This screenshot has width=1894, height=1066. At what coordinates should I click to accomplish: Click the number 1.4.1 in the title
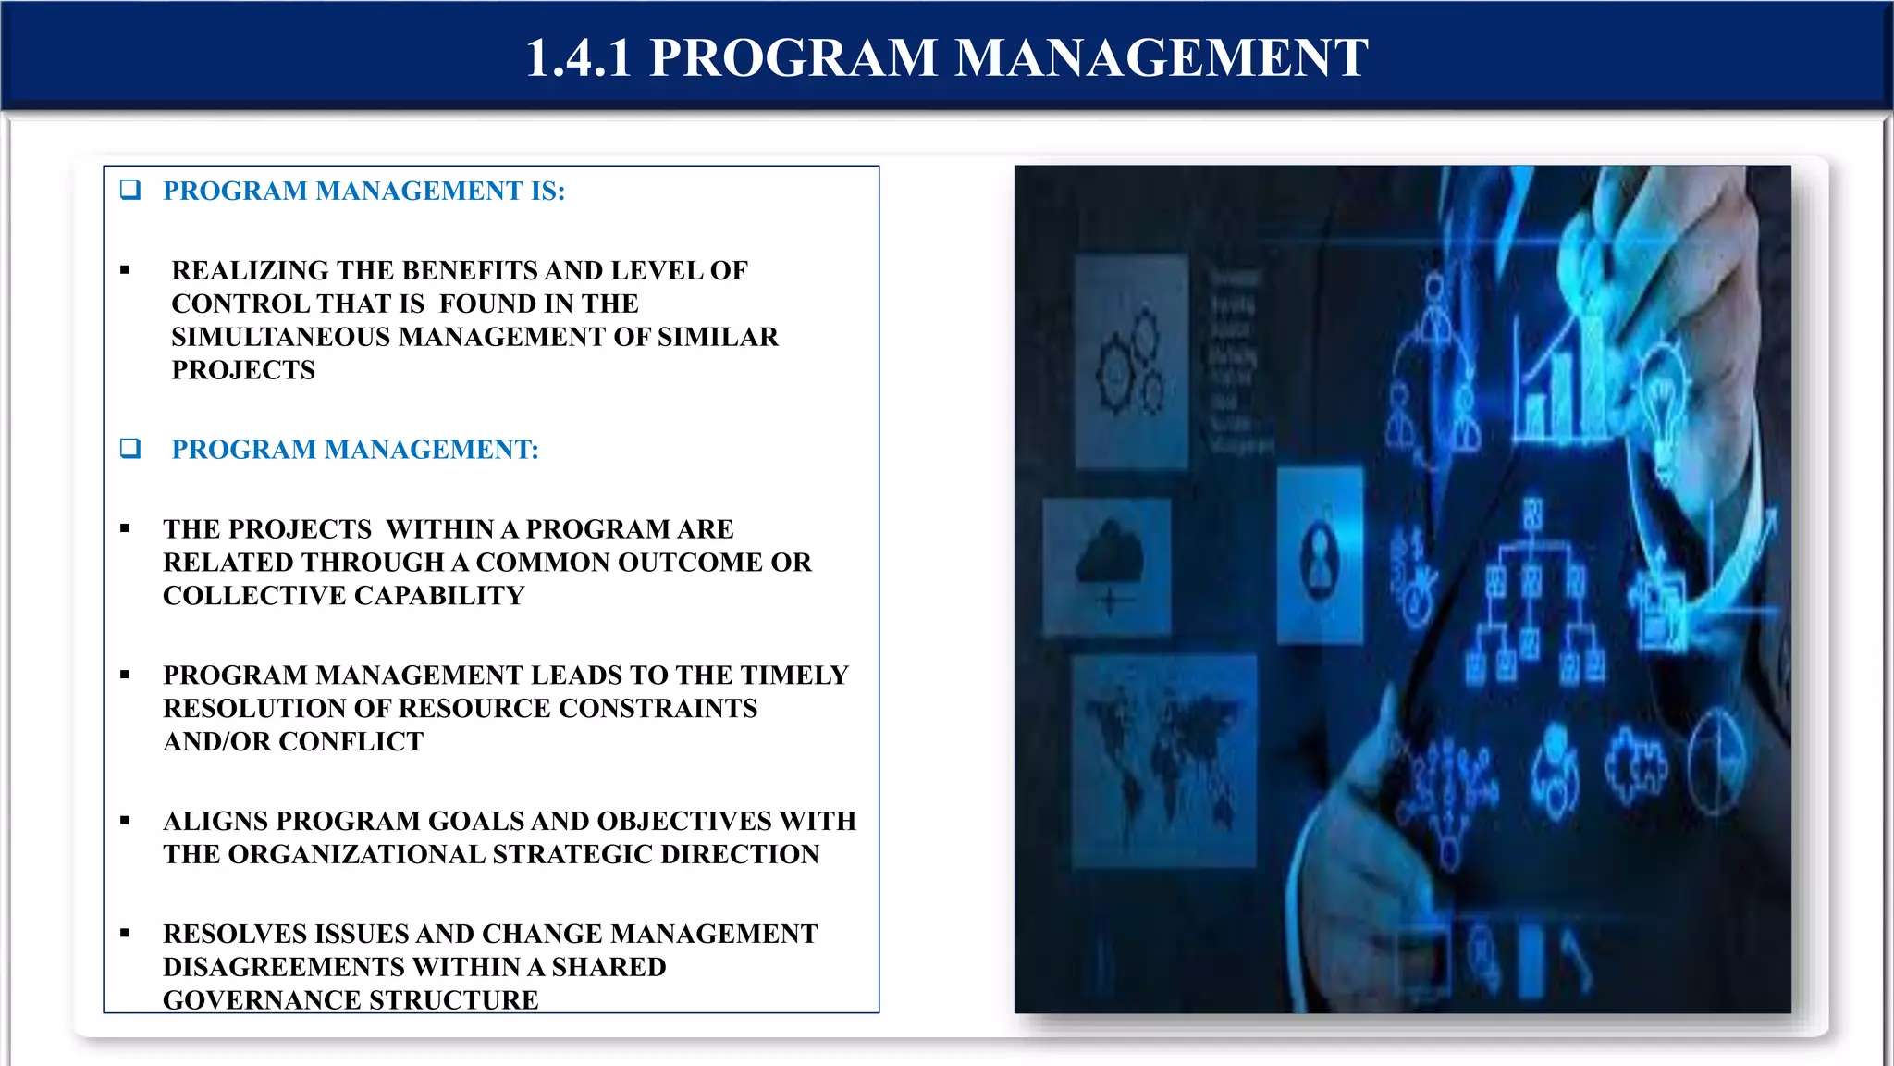pos(578,58)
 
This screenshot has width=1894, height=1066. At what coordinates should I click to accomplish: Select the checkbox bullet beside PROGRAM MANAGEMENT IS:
pos(130,190)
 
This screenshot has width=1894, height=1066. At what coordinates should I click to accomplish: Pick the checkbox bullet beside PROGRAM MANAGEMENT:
pos(130,449)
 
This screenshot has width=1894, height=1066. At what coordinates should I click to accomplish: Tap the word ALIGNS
pos(215,821)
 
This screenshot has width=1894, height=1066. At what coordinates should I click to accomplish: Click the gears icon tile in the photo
pos(1130,361)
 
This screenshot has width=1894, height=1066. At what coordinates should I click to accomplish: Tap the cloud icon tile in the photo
pos(1107,566)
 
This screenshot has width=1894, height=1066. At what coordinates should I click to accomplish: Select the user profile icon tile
pos(1320,555)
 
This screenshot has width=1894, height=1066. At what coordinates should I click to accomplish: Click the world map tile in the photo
pos(1163,760)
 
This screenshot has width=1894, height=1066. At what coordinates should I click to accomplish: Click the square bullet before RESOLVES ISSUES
pos(125,933)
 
